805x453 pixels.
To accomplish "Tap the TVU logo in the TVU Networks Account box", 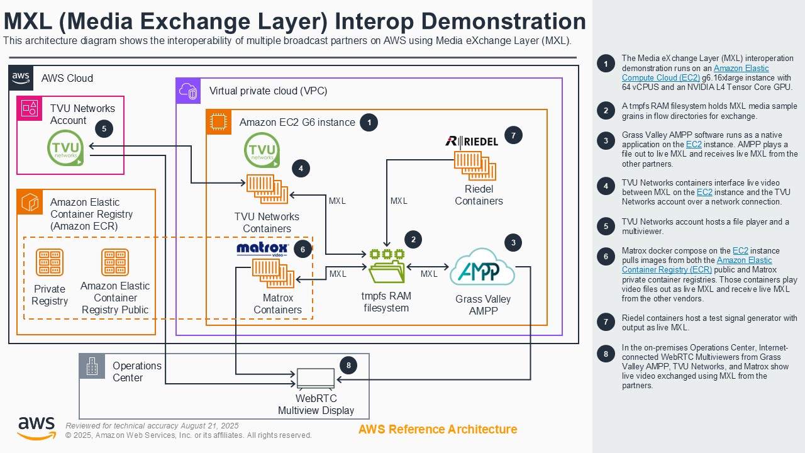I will [65, 148].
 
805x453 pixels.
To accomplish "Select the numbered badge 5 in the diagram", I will [104, 129].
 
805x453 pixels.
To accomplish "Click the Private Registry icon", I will [50, 263].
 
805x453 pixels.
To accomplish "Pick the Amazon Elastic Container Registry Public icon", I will [114, 263].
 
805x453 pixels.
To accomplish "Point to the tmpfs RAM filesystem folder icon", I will [387, 267].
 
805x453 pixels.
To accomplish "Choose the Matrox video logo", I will [262, 249].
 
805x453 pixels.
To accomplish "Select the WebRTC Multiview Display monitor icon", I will [316, 379].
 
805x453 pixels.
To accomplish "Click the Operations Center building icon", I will [92, 366].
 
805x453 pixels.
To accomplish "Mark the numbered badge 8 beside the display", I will [348, 365].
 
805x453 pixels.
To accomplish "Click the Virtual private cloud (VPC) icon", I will [189, 91].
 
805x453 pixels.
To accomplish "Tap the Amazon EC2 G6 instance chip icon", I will [219, 122].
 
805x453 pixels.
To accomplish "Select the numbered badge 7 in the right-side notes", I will [606, 322].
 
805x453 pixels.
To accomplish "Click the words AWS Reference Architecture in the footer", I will [438, 430].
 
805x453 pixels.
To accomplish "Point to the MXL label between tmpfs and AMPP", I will [429, 274].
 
